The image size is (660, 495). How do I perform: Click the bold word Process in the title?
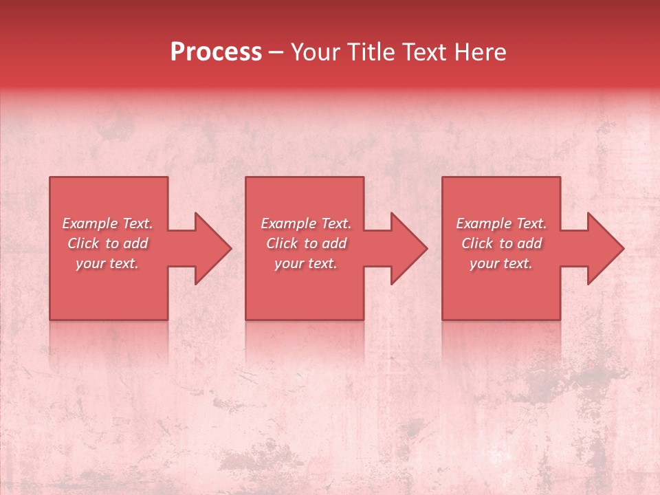pos(216,53)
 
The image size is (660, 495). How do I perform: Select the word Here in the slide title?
pos(481,53)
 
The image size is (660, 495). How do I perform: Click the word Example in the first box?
pos(90,223)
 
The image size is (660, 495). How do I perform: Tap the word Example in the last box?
pos(484,223)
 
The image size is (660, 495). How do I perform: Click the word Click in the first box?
pos(82,243)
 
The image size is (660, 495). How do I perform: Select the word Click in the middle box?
pos(281,243)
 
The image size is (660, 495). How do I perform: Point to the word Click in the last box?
pos(476,243)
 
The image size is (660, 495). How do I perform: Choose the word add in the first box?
pos(136,243)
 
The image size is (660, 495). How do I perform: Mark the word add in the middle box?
pos(335,243)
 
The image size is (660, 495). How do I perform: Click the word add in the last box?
pos(530,243)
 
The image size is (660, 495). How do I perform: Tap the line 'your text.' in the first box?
pos(107,263)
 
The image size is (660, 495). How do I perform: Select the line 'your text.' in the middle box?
pos(306,263)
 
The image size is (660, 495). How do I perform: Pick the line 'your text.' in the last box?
pos(501,263)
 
